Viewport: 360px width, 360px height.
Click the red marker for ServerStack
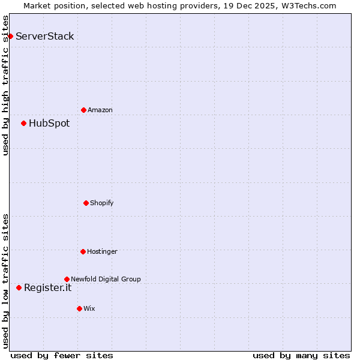tap(10, 36)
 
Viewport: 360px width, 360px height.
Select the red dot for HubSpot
tap(23, 123)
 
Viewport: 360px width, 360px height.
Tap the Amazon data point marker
tap(83, 110)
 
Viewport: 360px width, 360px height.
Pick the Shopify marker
tap(86, 203)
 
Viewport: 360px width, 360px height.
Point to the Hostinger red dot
tap(83, 251)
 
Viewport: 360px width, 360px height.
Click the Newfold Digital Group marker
tap(67, 279)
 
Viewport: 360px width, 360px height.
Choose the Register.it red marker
tap(19, 287)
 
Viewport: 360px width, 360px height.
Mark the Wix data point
tap(79, 308)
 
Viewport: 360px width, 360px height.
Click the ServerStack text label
tap(45, 36)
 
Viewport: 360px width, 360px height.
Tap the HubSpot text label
tap(49, 124)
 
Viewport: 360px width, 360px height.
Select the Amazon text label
tap(100, 110)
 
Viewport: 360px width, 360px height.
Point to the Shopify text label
tap(102, 203)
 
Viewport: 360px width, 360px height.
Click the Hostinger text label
tap(102, 251)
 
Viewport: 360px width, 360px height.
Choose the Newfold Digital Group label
tap(106, 279)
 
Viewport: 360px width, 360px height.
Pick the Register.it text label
tap(47, 288)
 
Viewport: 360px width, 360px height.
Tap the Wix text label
tap(89, 308)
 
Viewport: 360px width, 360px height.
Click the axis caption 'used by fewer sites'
tap(62, 355)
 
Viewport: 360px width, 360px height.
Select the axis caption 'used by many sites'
tap(301, 355)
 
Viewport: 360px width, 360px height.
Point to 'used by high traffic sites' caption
tap(5, 85)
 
